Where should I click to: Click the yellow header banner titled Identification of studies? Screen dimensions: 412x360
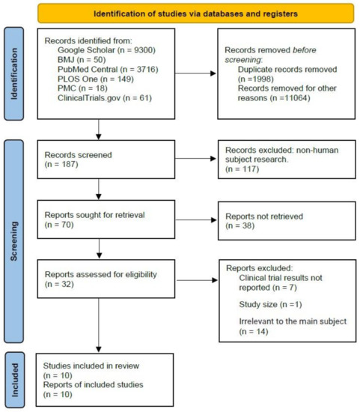coord(195,13)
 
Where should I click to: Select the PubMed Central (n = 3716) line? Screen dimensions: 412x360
coord(106,68)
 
